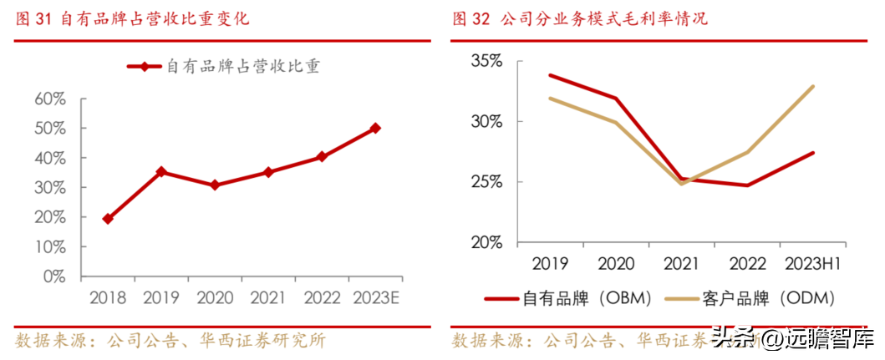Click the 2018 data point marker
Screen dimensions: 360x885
pos(107,219)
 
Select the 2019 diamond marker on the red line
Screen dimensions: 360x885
pos(160,172)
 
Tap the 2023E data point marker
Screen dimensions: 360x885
pos(375,128)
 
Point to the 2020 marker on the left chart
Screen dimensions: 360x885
pos(215,185)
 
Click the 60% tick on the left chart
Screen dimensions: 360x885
pos(50,99)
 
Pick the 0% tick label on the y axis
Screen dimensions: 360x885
pos(54,276)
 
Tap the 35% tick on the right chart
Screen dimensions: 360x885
pos(486,62)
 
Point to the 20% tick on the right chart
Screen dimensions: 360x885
pos(486,243)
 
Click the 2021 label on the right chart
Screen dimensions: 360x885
pos(682,264)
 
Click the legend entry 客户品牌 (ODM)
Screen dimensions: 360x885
pos(752,298)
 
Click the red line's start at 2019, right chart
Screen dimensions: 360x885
pos(550,75)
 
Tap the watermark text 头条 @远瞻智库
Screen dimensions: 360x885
pos(791,339)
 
